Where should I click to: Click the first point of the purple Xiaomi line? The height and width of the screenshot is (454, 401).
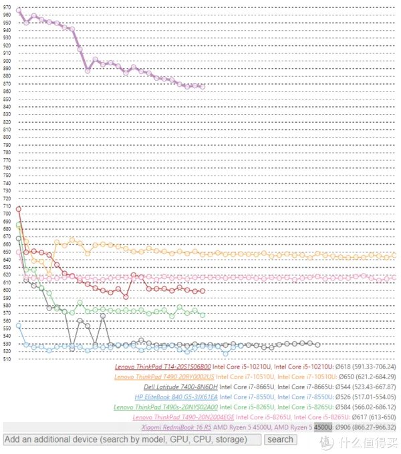(x=18, y=11)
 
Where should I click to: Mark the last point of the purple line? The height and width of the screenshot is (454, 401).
(x=203, y=87)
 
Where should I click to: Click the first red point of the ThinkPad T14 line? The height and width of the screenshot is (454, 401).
(x=18, y=209)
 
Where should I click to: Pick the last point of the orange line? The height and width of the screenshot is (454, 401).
(x=394, y=255)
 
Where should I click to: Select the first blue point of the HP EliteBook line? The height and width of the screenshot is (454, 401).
(x=18, y=326)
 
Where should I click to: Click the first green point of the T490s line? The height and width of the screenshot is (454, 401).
(x=18, y=224)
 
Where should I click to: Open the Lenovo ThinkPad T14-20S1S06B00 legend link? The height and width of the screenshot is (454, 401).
(x=162, y=367)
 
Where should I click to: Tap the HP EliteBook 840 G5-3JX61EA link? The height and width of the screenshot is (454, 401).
(x=176, y=397)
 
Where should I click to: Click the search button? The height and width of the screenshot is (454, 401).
(x=280, y=439)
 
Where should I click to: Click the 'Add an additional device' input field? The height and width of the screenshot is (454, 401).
(x=132, y=439)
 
